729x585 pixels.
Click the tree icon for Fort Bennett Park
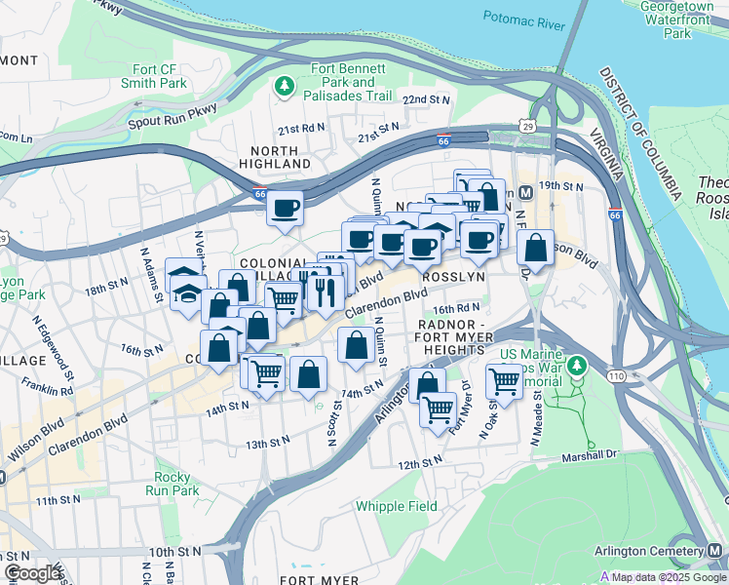point(285,85)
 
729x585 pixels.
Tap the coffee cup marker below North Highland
point(285,209)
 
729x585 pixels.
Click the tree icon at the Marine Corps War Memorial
point(577,366)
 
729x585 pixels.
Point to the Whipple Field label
point(396,506)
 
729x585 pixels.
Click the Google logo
point(32,573)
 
